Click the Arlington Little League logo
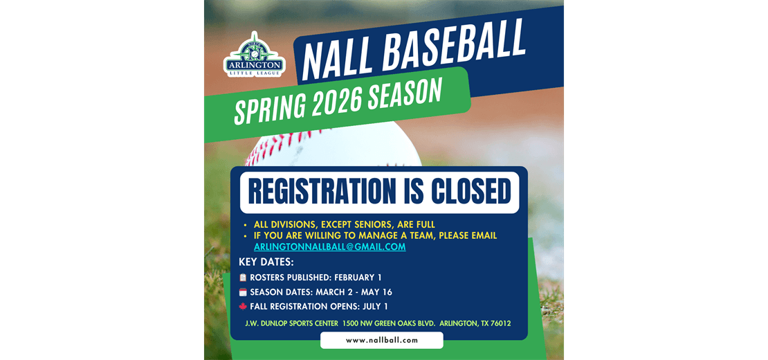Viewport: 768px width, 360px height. (254, 55)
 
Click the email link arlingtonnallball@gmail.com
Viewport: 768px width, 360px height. (329, 247)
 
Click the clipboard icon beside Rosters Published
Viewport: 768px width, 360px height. (243, 278)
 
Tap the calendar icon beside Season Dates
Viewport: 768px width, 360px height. (243, 292)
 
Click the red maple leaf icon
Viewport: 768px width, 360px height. (243, 307)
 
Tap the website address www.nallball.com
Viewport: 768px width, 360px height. (381, 340)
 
